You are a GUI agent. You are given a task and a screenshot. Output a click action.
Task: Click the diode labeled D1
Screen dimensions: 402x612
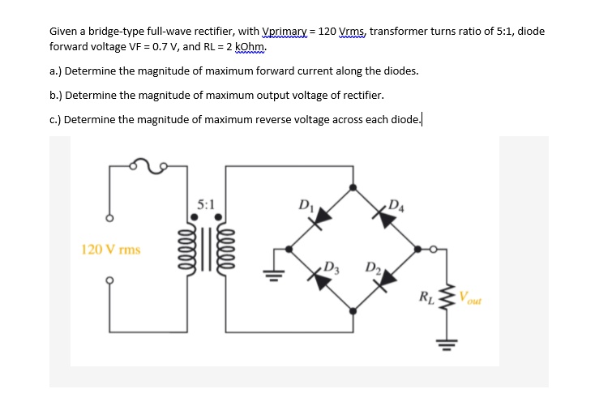323,215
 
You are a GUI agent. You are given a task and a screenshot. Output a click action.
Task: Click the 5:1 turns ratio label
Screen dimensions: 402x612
207,204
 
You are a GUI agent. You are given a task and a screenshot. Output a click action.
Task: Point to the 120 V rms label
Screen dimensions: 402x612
111,250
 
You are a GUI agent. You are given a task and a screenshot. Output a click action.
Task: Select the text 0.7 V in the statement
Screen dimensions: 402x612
156,46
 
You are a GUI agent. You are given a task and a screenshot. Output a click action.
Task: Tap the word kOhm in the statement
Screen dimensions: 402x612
249,46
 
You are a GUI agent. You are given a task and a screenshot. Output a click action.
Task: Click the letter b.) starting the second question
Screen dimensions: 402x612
56,95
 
